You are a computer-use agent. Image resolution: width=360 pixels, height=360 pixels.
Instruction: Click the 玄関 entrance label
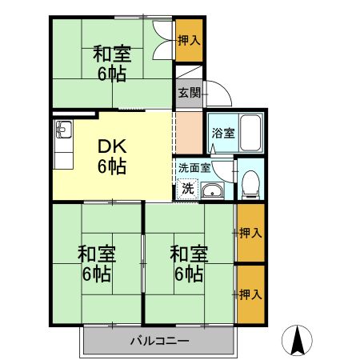pyautogui.click(x=189, y=92)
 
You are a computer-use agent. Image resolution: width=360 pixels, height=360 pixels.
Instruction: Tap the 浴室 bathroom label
pyautogui.click(x=222, y=134)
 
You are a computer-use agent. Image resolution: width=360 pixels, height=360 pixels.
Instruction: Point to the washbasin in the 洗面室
pyautogui.click(x=213, y=190)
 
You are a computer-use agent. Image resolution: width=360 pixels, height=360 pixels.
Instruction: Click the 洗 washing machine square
pyautogui.click(x=187, y=190)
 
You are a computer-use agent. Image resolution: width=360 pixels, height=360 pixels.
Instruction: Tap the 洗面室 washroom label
pyautogui.click(x=194, y=168)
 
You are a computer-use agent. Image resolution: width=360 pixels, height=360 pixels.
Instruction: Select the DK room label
pyautogui.click(x=111, y=146)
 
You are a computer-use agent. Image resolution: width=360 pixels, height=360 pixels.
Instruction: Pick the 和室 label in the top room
pyautogui.click(x=111, y=54)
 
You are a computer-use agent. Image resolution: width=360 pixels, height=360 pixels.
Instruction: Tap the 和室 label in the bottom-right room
pyautogui.click(x=190, y=255)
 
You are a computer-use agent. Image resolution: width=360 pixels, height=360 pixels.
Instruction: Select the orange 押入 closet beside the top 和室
pyautogui.click(x=190, y=40)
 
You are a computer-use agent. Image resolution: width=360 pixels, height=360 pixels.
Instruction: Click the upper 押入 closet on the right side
pyautogui.click(x=250, y=234)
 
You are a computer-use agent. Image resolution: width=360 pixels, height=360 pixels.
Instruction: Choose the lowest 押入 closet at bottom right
pyautogui.click(x=250, y=294)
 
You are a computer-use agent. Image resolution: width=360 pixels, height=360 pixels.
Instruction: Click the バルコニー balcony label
pyautogui.click(x=159, y=342)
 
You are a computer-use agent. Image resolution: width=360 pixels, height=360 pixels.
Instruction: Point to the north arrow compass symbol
pyautogui.click(x=298, y=342)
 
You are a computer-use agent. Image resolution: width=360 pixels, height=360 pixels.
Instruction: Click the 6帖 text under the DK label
pyautogui.click(x=111, y=166)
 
